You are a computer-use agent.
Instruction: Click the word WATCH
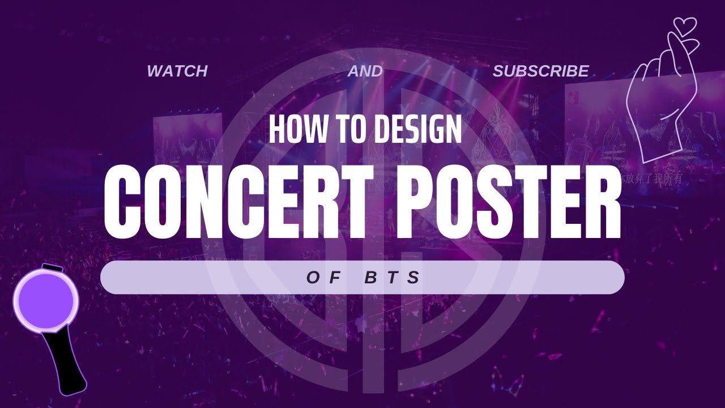pos(177,71)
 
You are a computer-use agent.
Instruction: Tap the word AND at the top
pos(365,71)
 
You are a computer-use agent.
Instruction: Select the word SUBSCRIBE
pos(540,71)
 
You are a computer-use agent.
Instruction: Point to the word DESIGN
pos(417,129)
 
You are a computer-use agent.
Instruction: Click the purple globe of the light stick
pos(46,299)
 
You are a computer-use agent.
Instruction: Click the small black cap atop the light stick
pos(52,267)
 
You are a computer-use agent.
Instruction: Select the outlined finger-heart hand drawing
pos(659,96)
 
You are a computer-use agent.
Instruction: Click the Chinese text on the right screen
pos(651,178)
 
